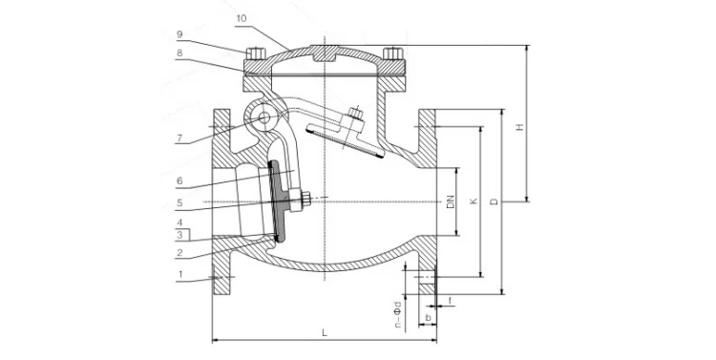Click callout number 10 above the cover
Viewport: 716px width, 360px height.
point(240,18)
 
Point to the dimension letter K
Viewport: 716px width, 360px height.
point(472,201)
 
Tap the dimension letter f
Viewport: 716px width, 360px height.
point(451,300)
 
